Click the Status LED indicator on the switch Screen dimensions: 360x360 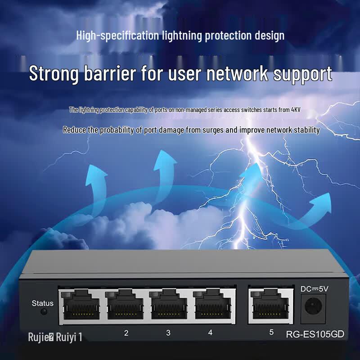pos(44,311)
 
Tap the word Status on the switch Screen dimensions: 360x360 pos(42,303)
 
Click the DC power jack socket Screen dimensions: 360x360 pos(313,306)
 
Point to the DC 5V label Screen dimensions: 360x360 pos(314,288)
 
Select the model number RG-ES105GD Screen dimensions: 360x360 pos(315,334)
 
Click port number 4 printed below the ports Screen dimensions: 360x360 pos(210,333)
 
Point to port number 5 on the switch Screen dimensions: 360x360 pos(271,332)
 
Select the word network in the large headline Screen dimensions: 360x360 pos(237,73)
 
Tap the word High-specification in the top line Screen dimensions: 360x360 pos(117,36)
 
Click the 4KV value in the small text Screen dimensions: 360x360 pos(296,110)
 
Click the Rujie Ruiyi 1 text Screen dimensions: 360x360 pos(55,337)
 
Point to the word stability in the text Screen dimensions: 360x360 pos(307,130)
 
